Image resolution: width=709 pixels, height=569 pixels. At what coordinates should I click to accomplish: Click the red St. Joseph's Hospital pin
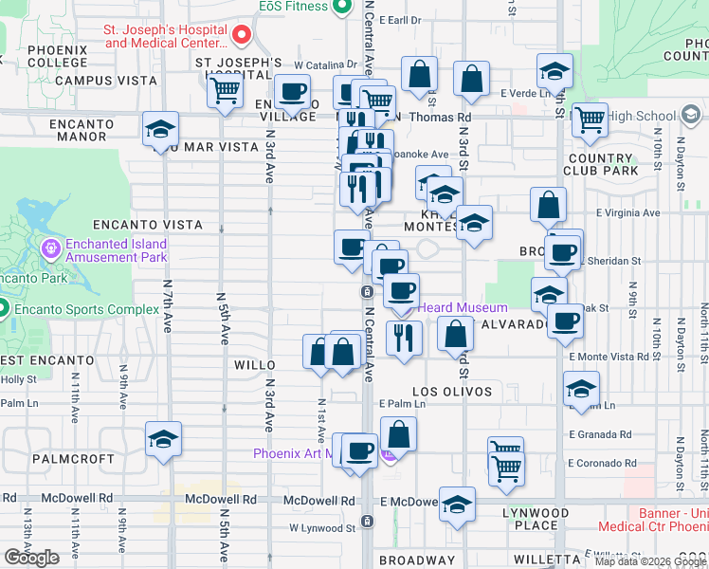coord(241,37)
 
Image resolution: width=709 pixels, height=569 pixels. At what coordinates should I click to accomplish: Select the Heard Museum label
coord(463,307)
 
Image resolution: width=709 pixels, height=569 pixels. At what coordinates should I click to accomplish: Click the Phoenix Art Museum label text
coord(294,453)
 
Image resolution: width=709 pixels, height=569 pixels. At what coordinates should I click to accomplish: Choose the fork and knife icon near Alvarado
coord(404,337)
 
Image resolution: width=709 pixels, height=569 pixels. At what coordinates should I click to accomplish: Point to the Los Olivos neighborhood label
coord(452,391)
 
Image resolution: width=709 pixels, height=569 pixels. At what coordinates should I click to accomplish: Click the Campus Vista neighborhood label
coord(105,81)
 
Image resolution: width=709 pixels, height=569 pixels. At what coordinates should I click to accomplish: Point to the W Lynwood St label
coord(321,527)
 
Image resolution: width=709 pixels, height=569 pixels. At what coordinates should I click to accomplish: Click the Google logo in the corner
coord(31,558)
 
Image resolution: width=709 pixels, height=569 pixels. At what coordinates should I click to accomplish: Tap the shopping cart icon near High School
coord(590,119)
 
